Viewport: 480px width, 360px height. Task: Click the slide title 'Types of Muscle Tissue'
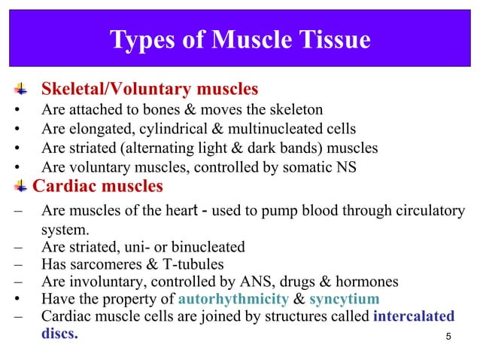240,39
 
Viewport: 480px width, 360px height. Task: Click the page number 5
448,336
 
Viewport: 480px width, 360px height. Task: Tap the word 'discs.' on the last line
59,333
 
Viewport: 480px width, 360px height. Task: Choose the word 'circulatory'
427,211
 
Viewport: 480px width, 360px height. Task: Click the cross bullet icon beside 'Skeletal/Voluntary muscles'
20,90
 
